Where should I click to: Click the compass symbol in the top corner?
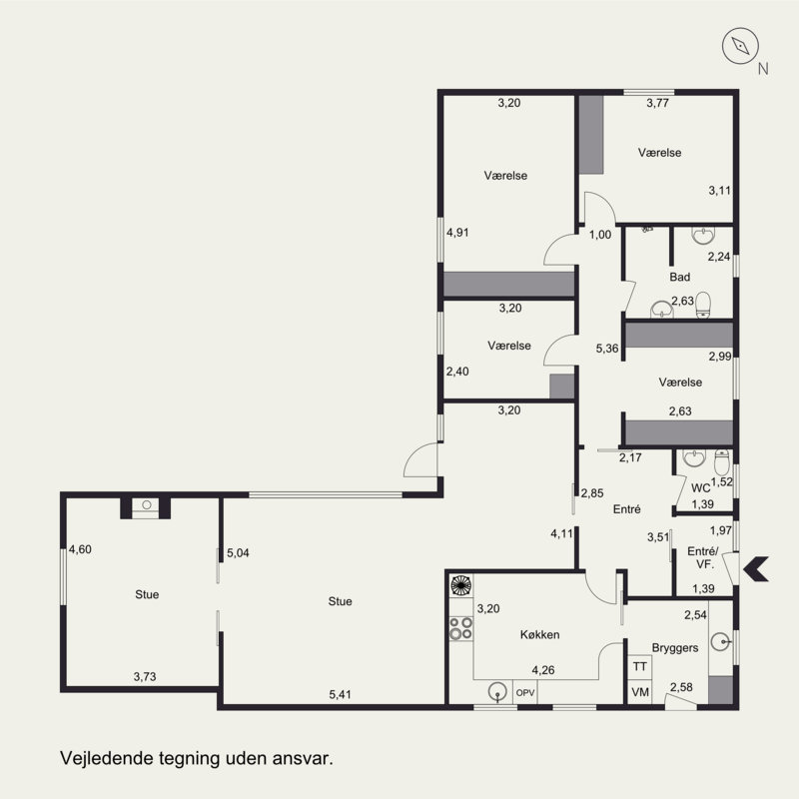740,46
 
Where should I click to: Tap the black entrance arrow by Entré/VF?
756,569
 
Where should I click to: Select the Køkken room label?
539,634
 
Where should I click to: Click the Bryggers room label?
675,648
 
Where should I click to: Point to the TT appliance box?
639,666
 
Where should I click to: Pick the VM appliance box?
639,692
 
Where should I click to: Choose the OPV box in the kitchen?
525,692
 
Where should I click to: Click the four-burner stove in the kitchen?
460,628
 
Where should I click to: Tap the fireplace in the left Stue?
146,507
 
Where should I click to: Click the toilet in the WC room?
722,461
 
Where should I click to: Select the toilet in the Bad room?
703,305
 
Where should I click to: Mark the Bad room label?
680,277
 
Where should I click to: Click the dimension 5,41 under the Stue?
340,694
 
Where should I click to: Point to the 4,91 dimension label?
457,233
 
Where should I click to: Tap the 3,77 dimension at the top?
657,103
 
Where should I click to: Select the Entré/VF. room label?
703,557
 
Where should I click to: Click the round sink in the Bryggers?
720,641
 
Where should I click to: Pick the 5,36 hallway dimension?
607,349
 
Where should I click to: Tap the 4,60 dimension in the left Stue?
80,549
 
